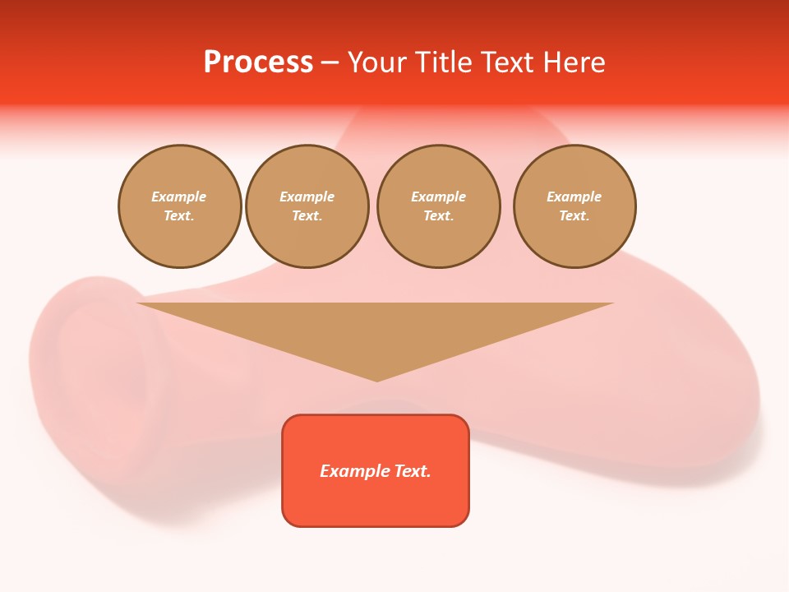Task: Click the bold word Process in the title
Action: pos(258,62)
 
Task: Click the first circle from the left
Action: pos(180,206)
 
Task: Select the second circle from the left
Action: pos(307,206)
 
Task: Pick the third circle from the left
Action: pos(439,206)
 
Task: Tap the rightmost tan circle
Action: pos(574,206)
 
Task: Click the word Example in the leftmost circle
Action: pos(179,197)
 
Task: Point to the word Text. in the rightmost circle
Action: pos(574,216)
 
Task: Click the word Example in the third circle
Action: pos(439,197)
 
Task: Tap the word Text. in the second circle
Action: pos(307,216)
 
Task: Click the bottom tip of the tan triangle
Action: pos(376,379)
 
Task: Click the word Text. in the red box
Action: pos(413,471)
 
